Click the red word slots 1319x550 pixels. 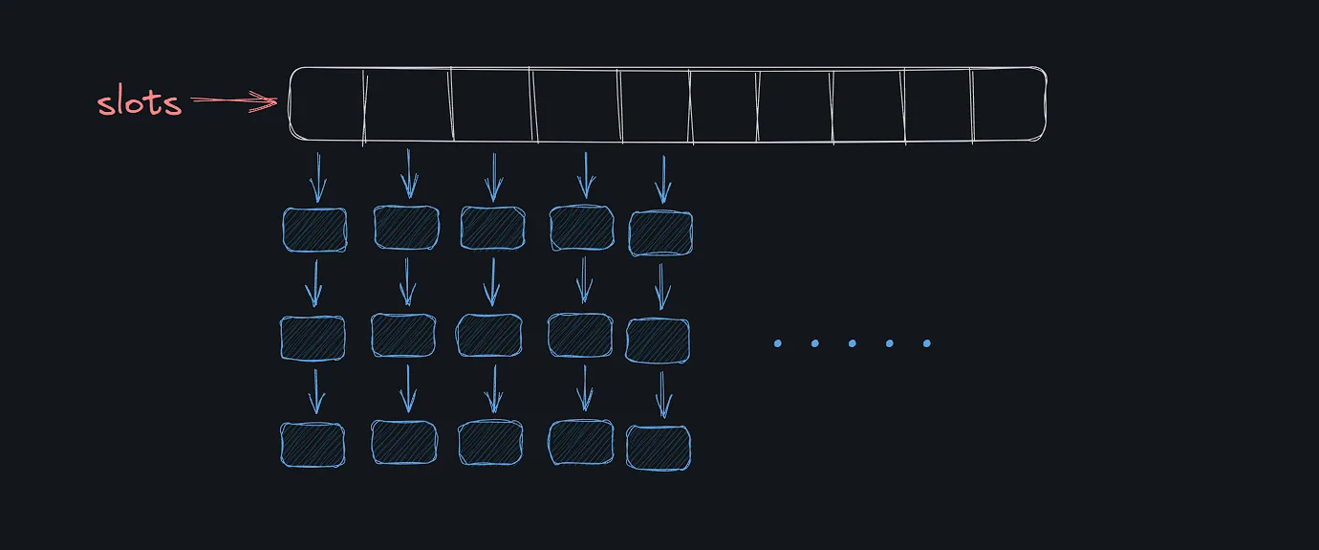(x=139, y=102)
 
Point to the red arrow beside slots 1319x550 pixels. (x=235, y=100)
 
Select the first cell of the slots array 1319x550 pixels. (x=327, y=105)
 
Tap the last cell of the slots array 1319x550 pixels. (x=1008, y=105)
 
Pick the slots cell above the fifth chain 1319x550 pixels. (x=655, y=105)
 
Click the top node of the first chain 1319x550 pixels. (x=314, y=230)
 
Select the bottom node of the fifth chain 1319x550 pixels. (x=659, y=448)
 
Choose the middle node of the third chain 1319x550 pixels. (x=489, y=336)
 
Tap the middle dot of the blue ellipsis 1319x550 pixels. (x=852, y=343)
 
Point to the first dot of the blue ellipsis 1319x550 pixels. (x=777, y=343)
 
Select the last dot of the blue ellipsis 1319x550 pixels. (x=926, y=343)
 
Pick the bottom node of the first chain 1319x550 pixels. (x=313, y=445)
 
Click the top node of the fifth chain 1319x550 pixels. (x=660, y=232)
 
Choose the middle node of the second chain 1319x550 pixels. (x=403, y=335)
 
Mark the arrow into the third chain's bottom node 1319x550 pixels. (x=493, y=389)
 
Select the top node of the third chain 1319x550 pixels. (x=492, y=229)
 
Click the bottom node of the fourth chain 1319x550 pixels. (x=580, y=442)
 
